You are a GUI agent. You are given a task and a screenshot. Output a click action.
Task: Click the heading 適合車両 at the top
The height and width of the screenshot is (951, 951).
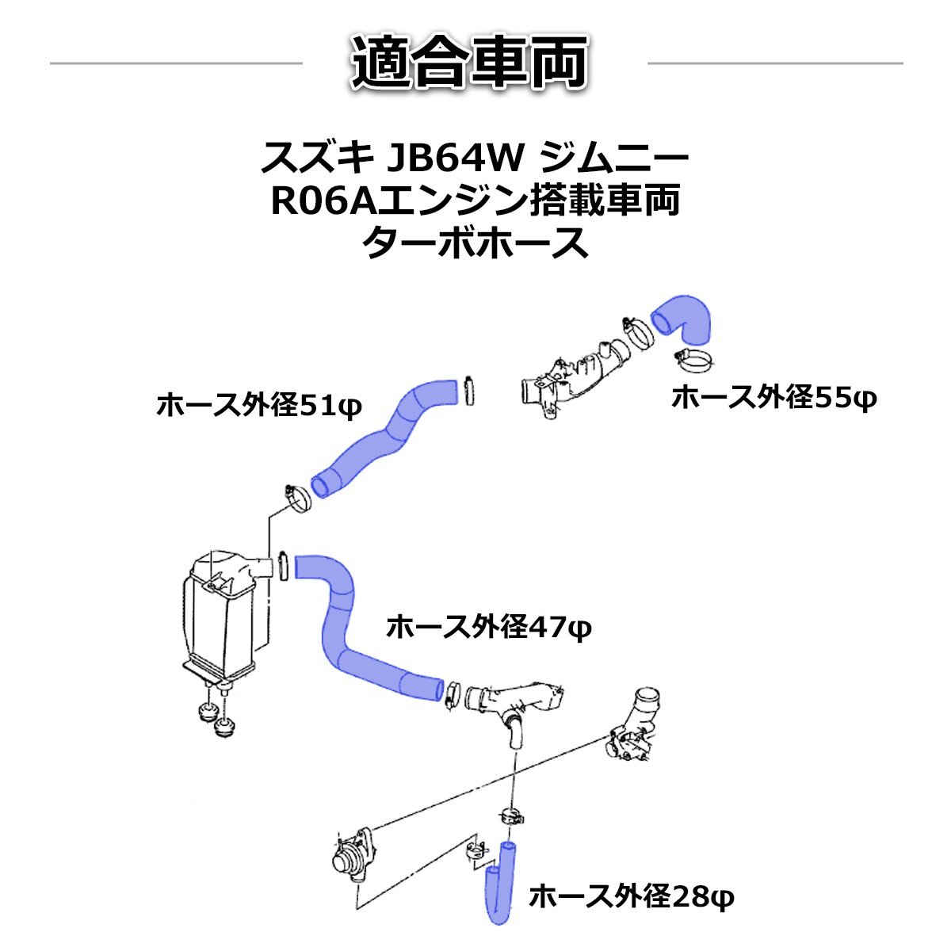pyautogui.click(x=474, y=63)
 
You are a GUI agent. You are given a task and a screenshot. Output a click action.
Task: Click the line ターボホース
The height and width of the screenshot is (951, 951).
pyautogui.click(x=475, y=243)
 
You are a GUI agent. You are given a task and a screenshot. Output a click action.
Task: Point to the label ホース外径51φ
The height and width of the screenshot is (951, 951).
pyautogui.click(x=258, y=407)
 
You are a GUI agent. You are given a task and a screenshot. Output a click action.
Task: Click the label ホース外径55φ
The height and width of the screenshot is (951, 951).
pyautogui.click(x=773, y=398)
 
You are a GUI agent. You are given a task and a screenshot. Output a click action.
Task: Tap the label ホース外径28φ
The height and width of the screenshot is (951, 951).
pyautogui.click(x=632, y=897)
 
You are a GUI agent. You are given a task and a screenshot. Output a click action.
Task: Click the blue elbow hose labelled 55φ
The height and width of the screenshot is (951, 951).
pyautogui.click(x=683, y=317)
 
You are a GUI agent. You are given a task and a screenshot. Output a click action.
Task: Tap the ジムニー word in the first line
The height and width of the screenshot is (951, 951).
pyautogui.click(x=613, y=159)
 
